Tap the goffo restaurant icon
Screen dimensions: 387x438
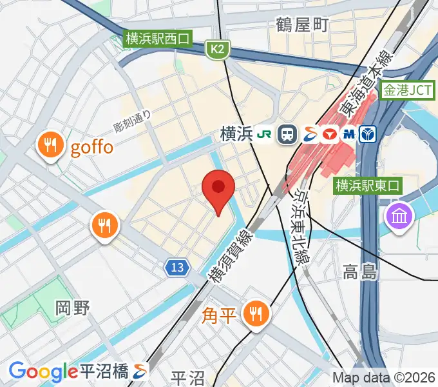49,145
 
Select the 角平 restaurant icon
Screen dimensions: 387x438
256,314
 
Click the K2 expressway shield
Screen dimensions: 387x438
218,48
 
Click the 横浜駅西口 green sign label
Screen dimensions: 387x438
158,39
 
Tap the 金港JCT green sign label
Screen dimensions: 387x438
407,91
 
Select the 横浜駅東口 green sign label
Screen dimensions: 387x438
368,186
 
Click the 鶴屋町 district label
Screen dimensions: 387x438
303,25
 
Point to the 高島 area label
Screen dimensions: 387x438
360,272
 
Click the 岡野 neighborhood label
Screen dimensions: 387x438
72,308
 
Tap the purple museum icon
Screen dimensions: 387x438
399,215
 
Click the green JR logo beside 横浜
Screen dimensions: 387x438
264,134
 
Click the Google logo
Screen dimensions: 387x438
43,372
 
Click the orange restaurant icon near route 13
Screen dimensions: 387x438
103,225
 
